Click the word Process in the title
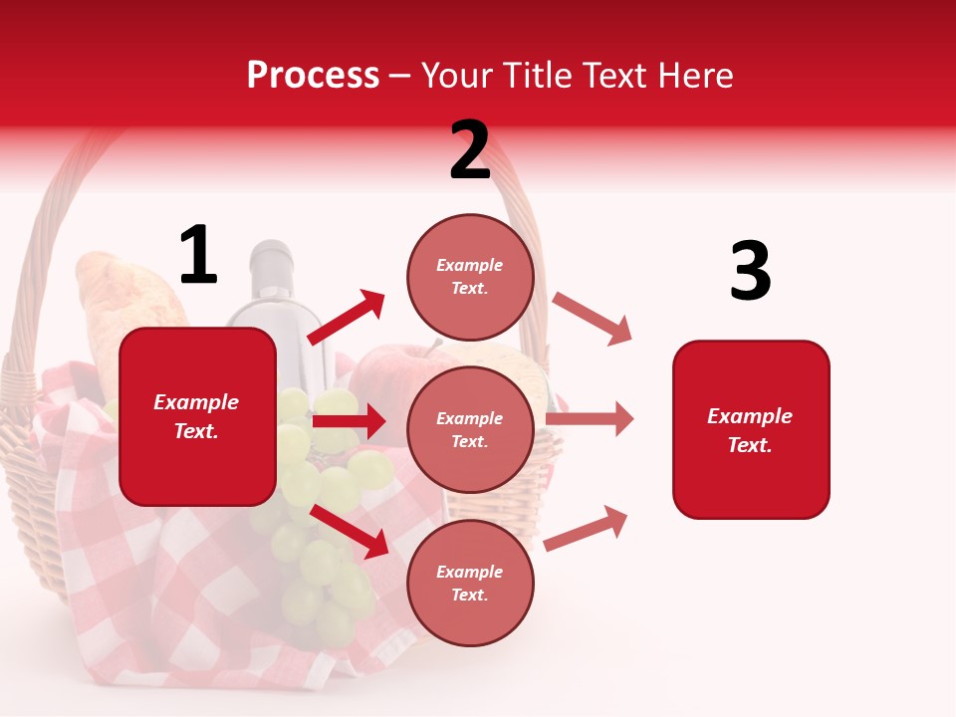313,75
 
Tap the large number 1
198,256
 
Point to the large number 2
470,150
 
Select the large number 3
750,272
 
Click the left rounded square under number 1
197,416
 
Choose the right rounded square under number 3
751,429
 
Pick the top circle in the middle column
470,277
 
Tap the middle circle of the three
470,429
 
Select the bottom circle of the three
470,583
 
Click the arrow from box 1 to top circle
347,317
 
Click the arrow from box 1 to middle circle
349,421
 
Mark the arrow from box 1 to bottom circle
351,531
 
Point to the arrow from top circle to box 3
593,319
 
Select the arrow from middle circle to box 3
590,419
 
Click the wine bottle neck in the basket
270,269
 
